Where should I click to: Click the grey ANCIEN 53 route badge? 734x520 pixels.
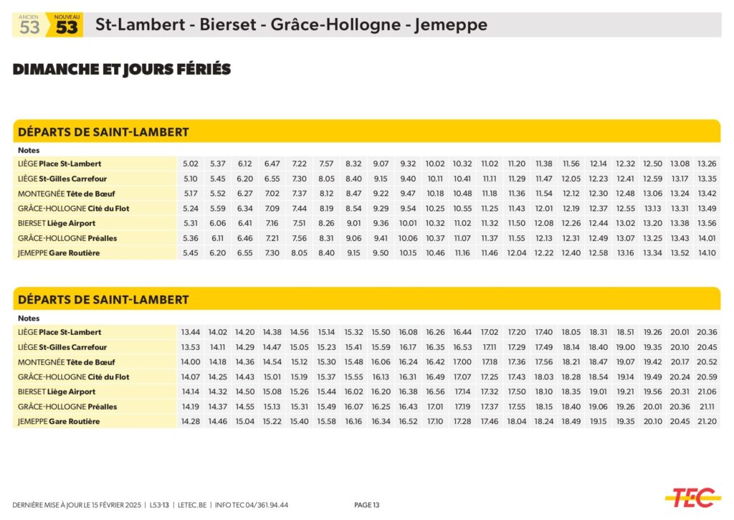(x=29, y=26)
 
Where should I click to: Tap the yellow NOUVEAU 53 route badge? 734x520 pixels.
(x=66, y=26)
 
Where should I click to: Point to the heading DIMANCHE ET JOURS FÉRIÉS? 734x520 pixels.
(x=122, y=70)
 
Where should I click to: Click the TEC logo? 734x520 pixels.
(x=691, y=496)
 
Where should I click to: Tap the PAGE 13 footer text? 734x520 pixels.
(x=367, y=505)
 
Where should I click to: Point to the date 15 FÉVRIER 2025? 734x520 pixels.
(x=111, y=505)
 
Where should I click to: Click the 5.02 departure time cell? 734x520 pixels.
(x=191, y=164)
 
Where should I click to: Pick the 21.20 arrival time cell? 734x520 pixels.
(x=707, y=422)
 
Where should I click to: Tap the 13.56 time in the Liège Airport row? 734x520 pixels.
(x=707, y=224)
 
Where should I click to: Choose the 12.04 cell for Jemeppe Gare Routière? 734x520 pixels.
(x=516, y=253)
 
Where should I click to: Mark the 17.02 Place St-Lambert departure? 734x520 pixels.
(x=490, y=333)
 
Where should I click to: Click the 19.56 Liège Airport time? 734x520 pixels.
(x=652, y=392)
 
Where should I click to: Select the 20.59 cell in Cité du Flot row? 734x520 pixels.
(x=707, y=377)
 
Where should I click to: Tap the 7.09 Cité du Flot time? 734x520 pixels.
(x=272, y=209)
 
